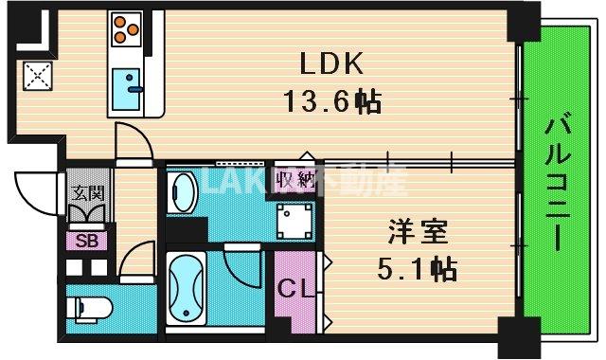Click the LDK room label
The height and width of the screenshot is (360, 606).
(332, 64)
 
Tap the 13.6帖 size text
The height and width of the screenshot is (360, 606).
(332, 101)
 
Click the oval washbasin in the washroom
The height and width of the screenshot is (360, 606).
(184, 195)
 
